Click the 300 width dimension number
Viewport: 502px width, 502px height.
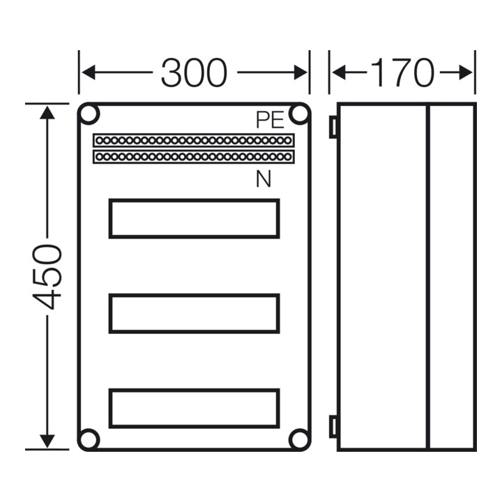coord(194,73)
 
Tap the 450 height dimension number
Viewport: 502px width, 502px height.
coord(47,277)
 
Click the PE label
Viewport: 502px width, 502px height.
coord(270,120)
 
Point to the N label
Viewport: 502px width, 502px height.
coord(263,179)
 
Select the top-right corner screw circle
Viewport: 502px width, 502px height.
coord(299,114)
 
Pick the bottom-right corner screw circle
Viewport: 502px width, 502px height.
coord(299,439)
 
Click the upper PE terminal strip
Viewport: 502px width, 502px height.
coord(194,140)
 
